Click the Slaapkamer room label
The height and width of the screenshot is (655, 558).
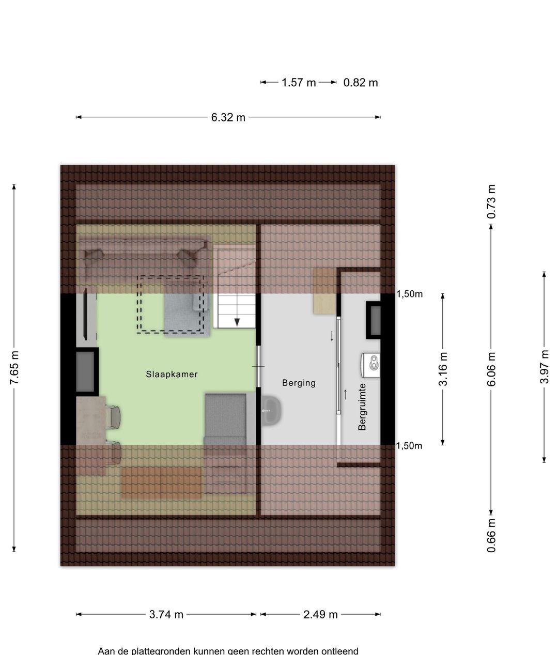(x=172, y=374)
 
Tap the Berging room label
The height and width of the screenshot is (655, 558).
(x=299, y=383)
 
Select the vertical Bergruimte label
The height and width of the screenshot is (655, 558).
(x=362, y=407)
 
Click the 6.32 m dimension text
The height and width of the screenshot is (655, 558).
(x=228, y=118)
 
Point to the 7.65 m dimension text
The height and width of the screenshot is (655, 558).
(x=14, y=368)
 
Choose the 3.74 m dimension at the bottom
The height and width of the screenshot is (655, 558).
(x=166, y=614)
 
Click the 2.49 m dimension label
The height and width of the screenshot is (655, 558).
(x=320, y=614)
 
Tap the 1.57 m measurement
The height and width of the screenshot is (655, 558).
(x=299, y=83)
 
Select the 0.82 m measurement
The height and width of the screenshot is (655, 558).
(x=361, y=83)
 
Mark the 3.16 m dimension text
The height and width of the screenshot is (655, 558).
(x=443, y=369)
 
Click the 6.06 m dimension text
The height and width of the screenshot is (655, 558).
(x=491, y=369)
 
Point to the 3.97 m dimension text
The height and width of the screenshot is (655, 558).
(x=545, y=367)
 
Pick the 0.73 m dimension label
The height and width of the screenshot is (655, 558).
(x=491, y=201)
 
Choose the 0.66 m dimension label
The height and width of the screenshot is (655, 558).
(x=491, y=536)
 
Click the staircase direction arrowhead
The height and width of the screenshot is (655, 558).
(x=237, y=322)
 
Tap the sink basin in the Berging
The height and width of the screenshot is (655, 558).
(x=271, y=411)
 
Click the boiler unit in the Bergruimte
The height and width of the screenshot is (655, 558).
(x=370, y=365)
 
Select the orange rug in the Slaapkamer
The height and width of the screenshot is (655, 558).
(x=161, y=483)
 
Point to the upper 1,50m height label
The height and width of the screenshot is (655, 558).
(x=409, y=294)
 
